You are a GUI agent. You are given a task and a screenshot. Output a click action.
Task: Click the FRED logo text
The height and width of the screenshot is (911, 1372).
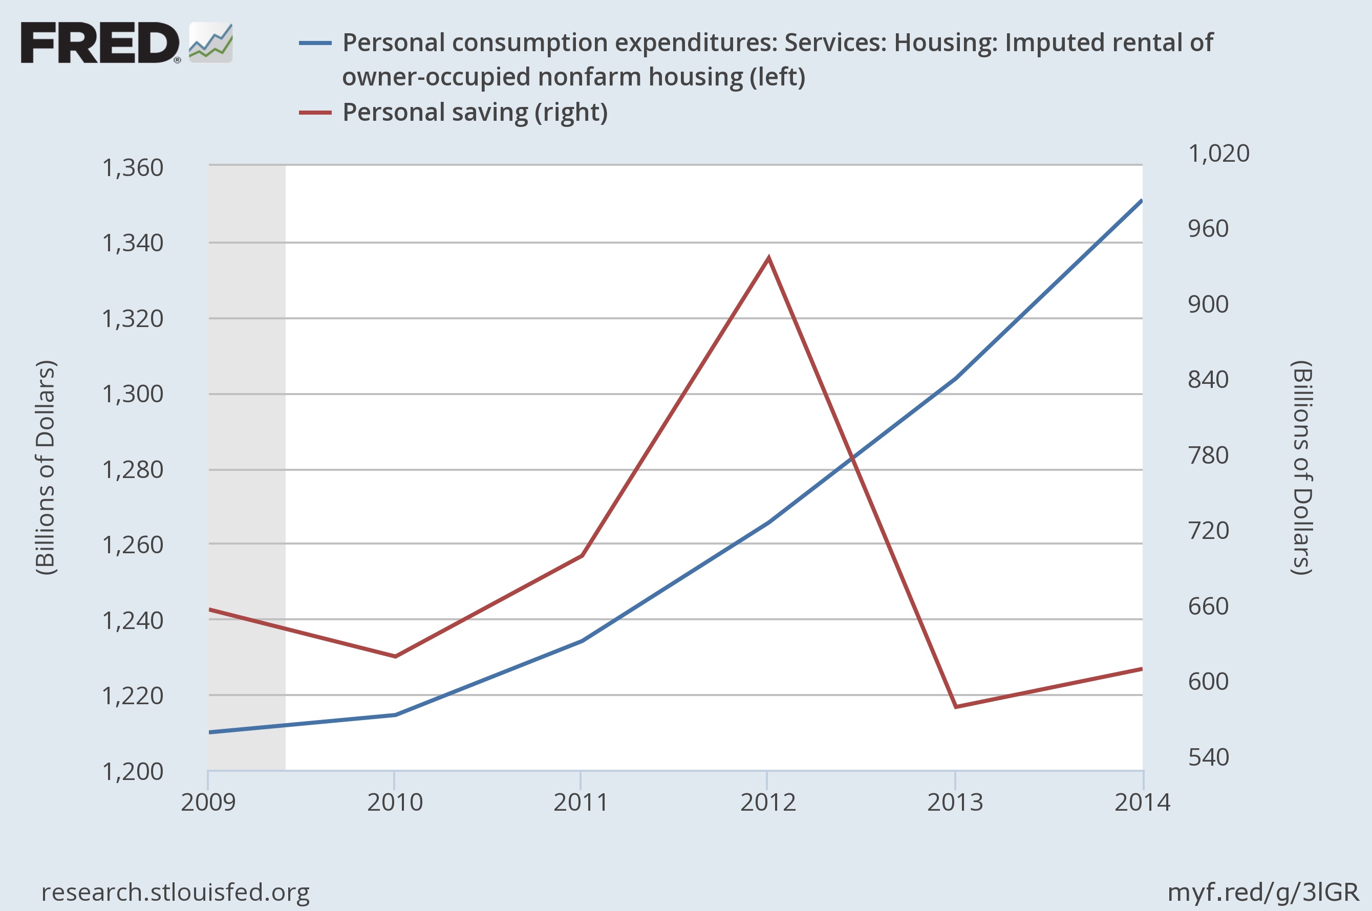click(100, 42)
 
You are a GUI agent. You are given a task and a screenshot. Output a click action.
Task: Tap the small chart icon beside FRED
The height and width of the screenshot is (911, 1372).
click(211, 42)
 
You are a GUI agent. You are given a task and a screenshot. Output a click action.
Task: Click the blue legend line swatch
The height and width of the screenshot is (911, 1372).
click(315, 43)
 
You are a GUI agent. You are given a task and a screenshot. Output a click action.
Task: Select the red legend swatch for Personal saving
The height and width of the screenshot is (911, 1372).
click(315, 112)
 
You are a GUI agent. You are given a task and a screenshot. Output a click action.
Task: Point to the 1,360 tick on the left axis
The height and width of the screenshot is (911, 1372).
click(133, 168)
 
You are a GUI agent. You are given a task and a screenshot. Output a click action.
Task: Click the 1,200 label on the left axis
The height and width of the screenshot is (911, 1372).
click(133, 772)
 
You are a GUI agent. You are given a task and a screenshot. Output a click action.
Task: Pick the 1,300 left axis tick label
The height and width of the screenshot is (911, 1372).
click(133, 394)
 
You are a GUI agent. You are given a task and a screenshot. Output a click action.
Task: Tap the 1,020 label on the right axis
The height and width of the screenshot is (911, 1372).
click(1218, 154)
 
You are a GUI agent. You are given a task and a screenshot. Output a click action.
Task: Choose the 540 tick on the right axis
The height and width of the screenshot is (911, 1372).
click(1208, 757)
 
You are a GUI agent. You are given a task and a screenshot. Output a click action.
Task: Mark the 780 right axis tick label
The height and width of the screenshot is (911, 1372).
click(1208, 455)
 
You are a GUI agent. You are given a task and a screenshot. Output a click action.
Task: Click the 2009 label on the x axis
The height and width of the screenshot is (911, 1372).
click(208, 802)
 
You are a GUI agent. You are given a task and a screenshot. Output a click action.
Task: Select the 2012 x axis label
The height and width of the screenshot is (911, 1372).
click(767, 802)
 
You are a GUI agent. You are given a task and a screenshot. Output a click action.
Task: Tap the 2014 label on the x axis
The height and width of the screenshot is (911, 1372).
click(1142, 802)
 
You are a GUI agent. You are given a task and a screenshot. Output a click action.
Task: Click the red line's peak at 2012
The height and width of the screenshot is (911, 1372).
click(768, 257)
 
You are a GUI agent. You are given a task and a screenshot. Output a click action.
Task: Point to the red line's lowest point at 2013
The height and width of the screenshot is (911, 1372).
click(955, 706)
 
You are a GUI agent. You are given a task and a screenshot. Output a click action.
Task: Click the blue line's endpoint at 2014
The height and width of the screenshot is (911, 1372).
click(1142, 201)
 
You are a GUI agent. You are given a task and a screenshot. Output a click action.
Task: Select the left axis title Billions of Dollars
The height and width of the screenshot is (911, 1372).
click(46, 468)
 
